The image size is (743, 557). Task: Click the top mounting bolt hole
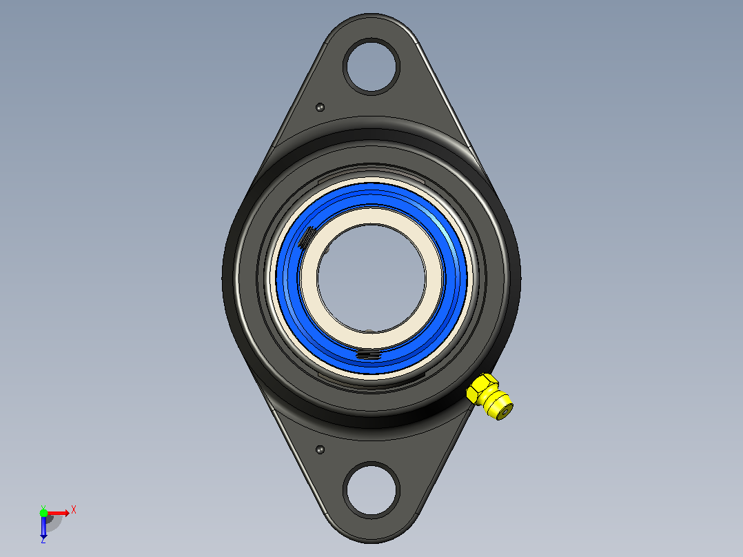[371, 66]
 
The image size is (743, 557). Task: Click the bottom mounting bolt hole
[371, 489]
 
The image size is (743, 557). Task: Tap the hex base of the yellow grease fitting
[480, 389]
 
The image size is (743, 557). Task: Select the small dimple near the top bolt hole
[320, 107]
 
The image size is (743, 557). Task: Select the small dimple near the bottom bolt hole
[320, 449]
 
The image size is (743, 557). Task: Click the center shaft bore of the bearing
[371, 278]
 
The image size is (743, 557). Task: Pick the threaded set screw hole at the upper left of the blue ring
[307, 236]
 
